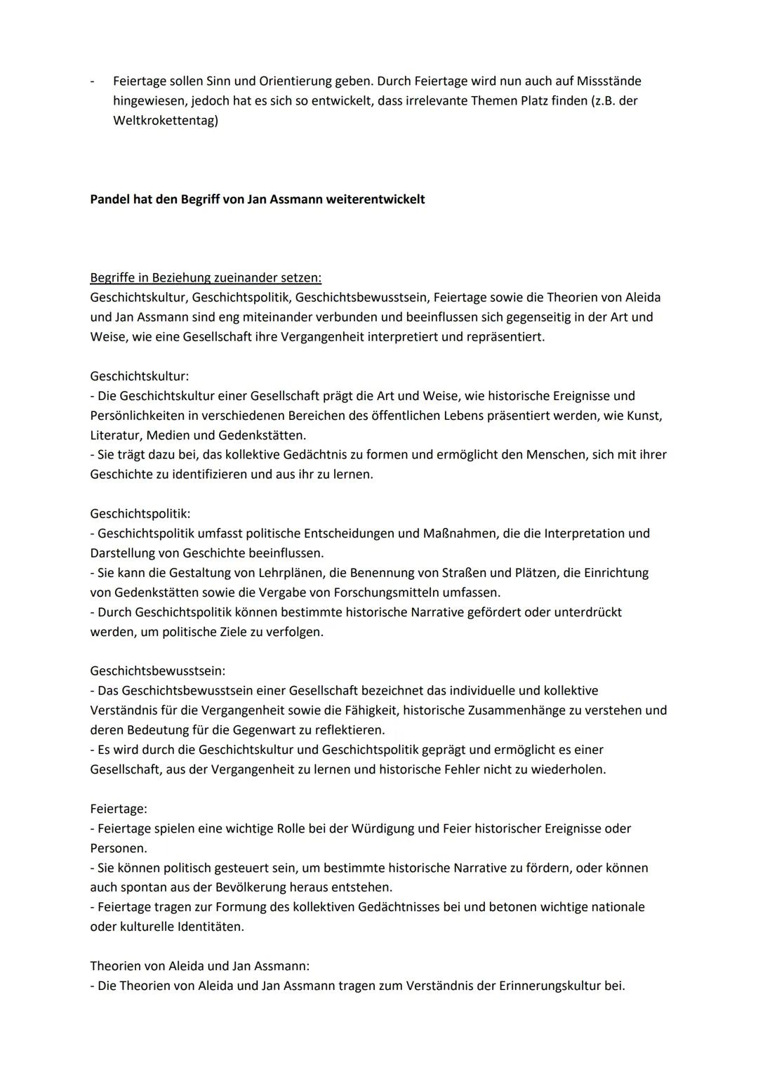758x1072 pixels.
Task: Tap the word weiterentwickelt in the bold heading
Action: point(376,199)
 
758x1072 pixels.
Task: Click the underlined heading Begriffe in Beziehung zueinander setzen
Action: point(206,277)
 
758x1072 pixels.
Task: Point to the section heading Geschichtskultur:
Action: point(139,376)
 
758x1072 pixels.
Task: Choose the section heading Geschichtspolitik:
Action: point(140,514)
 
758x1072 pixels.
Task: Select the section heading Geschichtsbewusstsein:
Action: point(158,671)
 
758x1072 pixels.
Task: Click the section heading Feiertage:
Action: point(118,809)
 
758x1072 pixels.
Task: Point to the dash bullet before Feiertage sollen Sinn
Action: point(93,81)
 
